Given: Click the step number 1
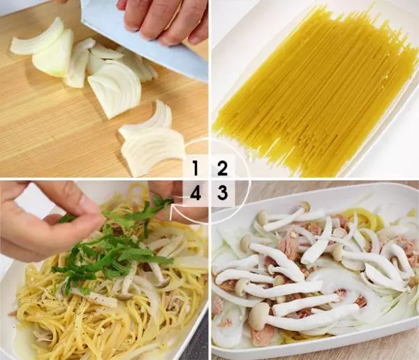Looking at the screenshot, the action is pyautogui.click(x=196, y=168).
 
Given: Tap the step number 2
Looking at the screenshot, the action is pyautogui.click(x=222, y=168).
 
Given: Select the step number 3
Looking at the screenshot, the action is pyautogui.click(x=223, y=193).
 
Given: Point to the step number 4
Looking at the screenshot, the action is pyautogui.click(x=196, y=193).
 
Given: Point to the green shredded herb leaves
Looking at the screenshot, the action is pyautogui.click(x=115, y=246).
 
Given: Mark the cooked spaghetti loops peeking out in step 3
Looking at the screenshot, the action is pyautogui.click(x=355, y=214).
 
